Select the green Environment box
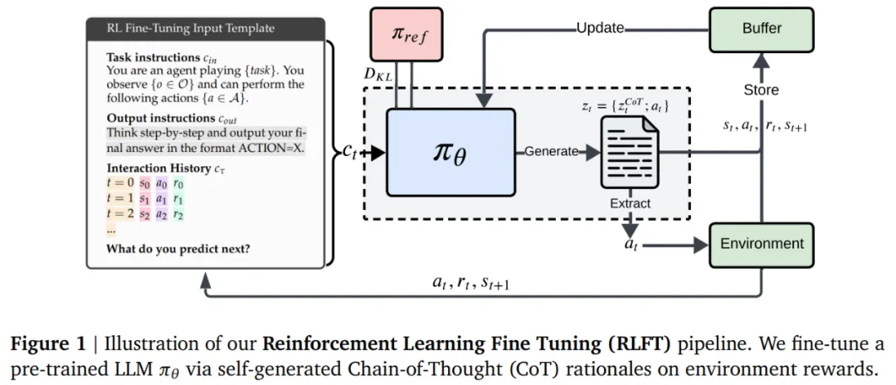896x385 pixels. pyautogui.click(x=762, y=244)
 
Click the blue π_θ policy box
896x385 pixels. pyautogui.click(x=450, y=153)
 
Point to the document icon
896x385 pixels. pyautogui.click(x=629, y=152)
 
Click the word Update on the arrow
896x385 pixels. pyautogui.click(x=601, y=28)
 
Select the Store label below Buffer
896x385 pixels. pyautogui.click(x=761, y=90)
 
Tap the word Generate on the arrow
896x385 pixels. pyautogui.click(x=552, y=152)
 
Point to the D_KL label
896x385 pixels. pyautogui.click(x=381, y=76)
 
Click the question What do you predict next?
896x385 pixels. pyautogui.click(x=178, y=249)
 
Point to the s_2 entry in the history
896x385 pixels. pyautogui.click(x=145, y=214)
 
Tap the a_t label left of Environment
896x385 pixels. pyautogui.click(x=630, y=245)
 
